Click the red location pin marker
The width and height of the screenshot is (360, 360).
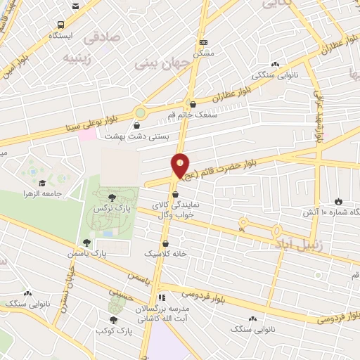tap(181, 167)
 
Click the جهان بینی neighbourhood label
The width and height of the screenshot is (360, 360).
tap(155, 64)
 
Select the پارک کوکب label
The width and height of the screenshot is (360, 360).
tap(115, 330)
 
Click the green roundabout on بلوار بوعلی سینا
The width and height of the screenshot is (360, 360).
tap(141, 112)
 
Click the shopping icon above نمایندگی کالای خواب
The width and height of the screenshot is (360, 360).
tap(175, 195)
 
